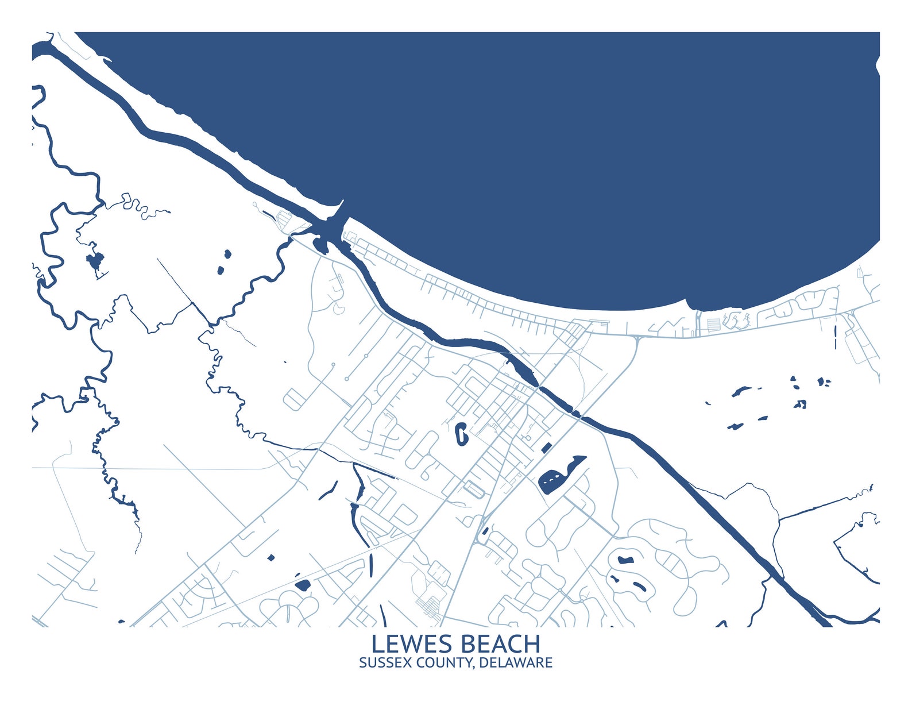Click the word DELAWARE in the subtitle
(x=515, y=662)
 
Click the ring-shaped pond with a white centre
(x=461, y=433)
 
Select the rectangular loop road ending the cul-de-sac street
(x=292, y=399)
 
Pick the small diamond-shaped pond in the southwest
(x=270, y=557)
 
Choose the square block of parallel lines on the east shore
(x=713, y=325)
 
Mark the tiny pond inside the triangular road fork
(x=485, y=531)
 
